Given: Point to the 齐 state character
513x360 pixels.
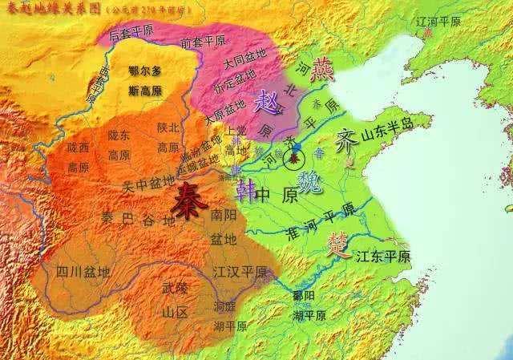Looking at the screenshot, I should click(x=345, y=138).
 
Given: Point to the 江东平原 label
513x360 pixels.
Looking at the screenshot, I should click(x=382, y=257).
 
